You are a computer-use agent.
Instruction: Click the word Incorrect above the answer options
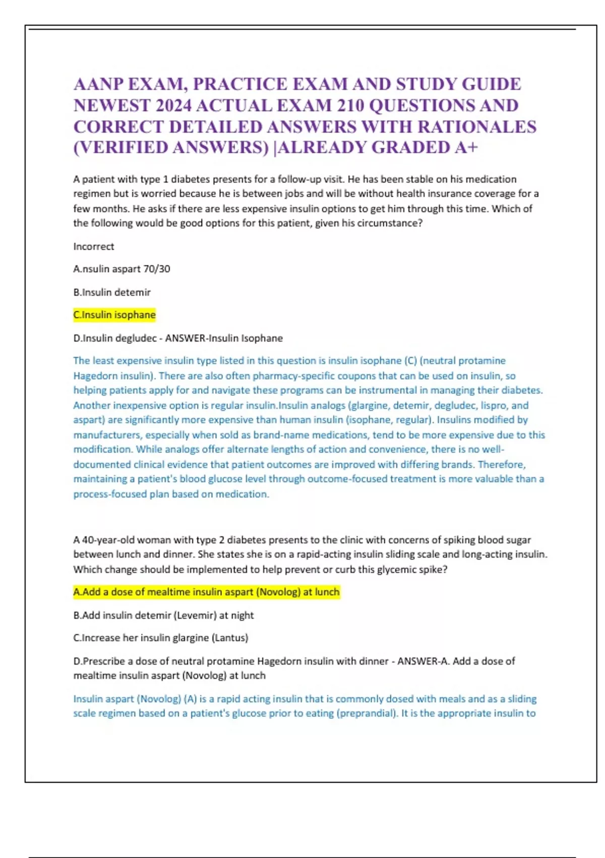[94, 246]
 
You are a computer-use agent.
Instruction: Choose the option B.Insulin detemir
[112, 292]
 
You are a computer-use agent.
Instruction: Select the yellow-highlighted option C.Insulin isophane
[114, 315]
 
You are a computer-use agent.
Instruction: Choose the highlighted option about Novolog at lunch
[207, 592]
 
